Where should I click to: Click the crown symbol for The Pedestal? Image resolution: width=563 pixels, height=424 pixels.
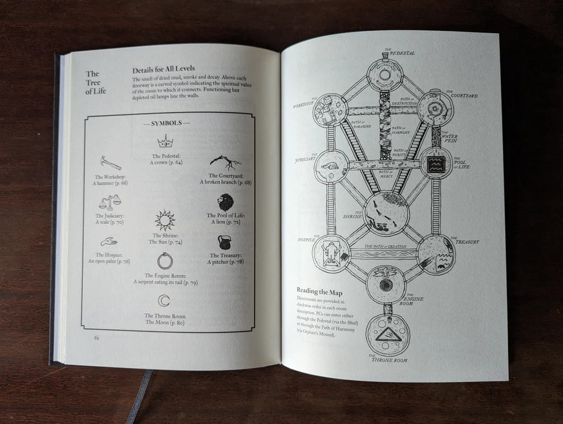click(x=165, y=141)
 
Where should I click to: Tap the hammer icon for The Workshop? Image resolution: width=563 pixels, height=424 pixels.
click(x=110, y=163)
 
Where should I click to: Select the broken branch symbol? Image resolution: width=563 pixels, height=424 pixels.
click(x=225, y=162)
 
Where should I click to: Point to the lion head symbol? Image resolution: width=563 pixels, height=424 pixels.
click(x=226, y=202)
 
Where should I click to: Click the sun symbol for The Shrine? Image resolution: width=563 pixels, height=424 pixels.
click(x=165, y=220)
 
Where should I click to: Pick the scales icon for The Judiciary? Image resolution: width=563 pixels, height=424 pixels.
click(x=110, y=202)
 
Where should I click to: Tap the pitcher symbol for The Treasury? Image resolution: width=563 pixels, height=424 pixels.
click(x=225, y=242)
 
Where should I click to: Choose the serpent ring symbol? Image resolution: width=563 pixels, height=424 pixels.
click(x=165, y=260)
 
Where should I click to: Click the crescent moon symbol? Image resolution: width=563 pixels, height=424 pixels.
click(x=165, y=301)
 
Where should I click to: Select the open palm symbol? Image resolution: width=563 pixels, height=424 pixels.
click(x=109, y=242)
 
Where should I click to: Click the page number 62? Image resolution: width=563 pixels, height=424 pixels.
click(x=96, y=338)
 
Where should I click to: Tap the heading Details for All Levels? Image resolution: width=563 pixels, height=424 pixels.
click(x=163, y=70)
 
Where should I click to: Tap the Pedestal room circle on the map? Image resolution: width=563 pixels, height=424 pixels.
click(x=384, y=74)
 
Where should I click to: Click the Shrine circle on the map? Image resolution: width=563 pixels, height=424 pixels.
click(x=386, y=213)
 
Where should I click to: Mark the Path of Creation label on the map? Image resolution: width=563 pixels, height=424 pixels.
click(x=385, y=246)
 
